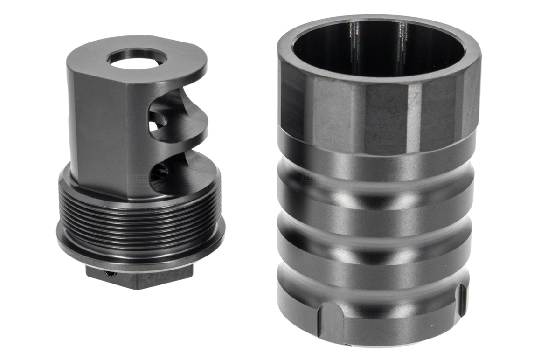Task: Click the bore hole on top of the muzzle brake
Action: [x=137, y=58]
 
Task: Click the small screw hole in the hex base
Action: [x=110, y=274]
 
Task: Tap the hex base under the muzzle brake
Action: [x=140, y=277]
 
